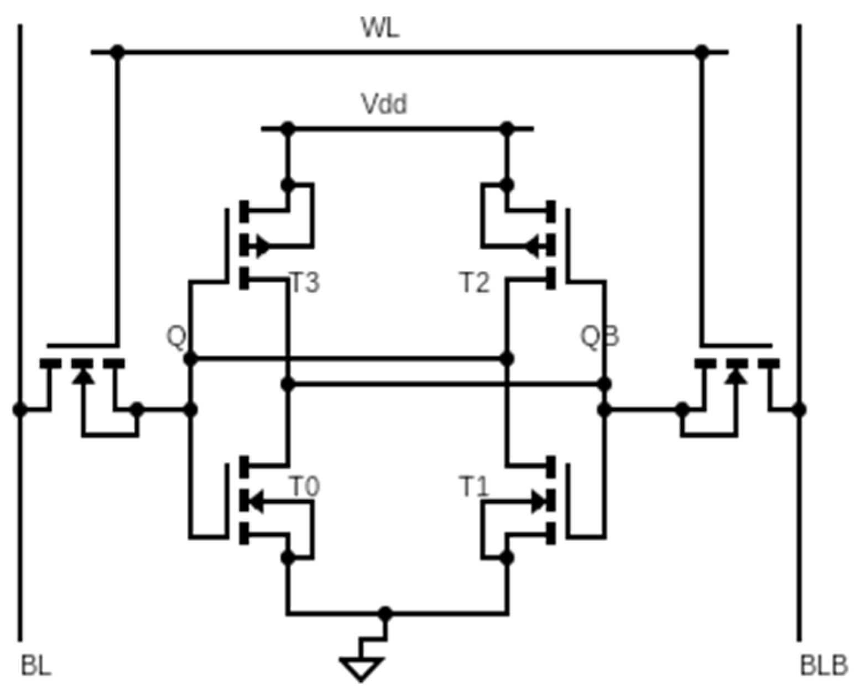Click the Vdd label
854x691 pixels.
coord(384,103)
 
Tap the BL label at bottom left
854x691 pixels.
coord(36,666)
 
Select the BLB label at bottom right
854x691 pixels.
coord(823,666)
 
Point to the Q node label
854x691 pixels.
coord(176,337)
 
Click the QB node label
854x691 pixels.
coord(600,336)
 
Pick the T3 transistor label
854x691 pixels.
coord(305,282)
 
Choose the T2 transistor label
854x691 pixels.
coord(475,282)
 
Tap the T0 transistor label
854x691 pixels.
coord(305,487)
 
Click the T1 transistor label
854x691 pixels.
coord(475,487)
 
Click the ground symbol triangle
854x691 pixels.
coord(362,668)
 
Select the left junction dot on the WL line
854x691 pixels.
coord(117,53)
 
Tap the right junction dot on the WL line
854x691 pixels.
coord(702,53)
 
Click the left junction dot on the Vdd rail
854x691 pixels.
coord(287,129)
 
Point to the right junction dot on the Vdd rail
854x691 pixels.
coord(507,129)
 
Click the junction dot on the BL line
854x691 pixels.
coord(20,410)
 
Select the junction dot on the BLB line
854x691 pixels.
coord(799,410)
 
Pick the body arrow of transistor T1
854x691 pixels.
coord(538,502)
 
